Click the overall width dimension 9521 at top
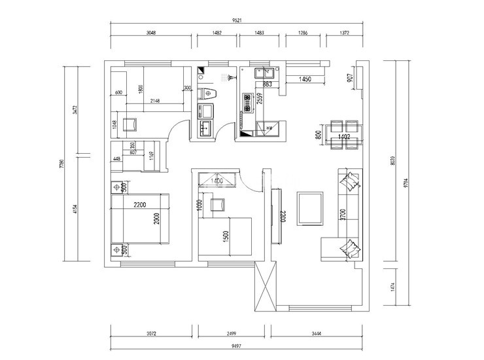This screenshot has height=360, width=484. [237, 20]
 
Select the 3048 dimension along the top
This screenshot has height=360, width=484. [151, 33]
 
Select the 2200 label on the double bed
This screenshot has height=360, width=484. [139, 206]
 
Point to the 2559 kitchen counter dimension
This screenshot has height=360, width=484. [260, 99]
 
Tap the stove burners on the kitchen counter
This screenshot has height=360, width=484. [247, 101]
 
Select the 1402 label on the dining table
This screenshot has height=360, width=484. [344, 137]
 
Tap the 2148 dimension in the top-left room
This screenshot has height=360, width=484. [156, 101]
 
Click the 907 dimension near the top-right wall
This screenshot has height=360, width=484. [350, 78]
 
